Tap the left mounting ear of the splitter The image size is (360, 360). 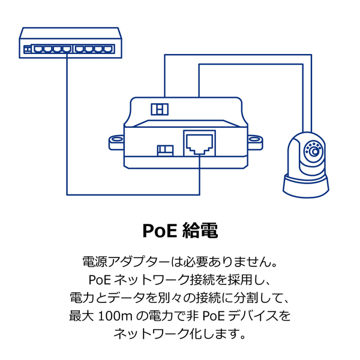(115, 142)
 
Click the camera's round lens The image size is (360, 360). (314, 150)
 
